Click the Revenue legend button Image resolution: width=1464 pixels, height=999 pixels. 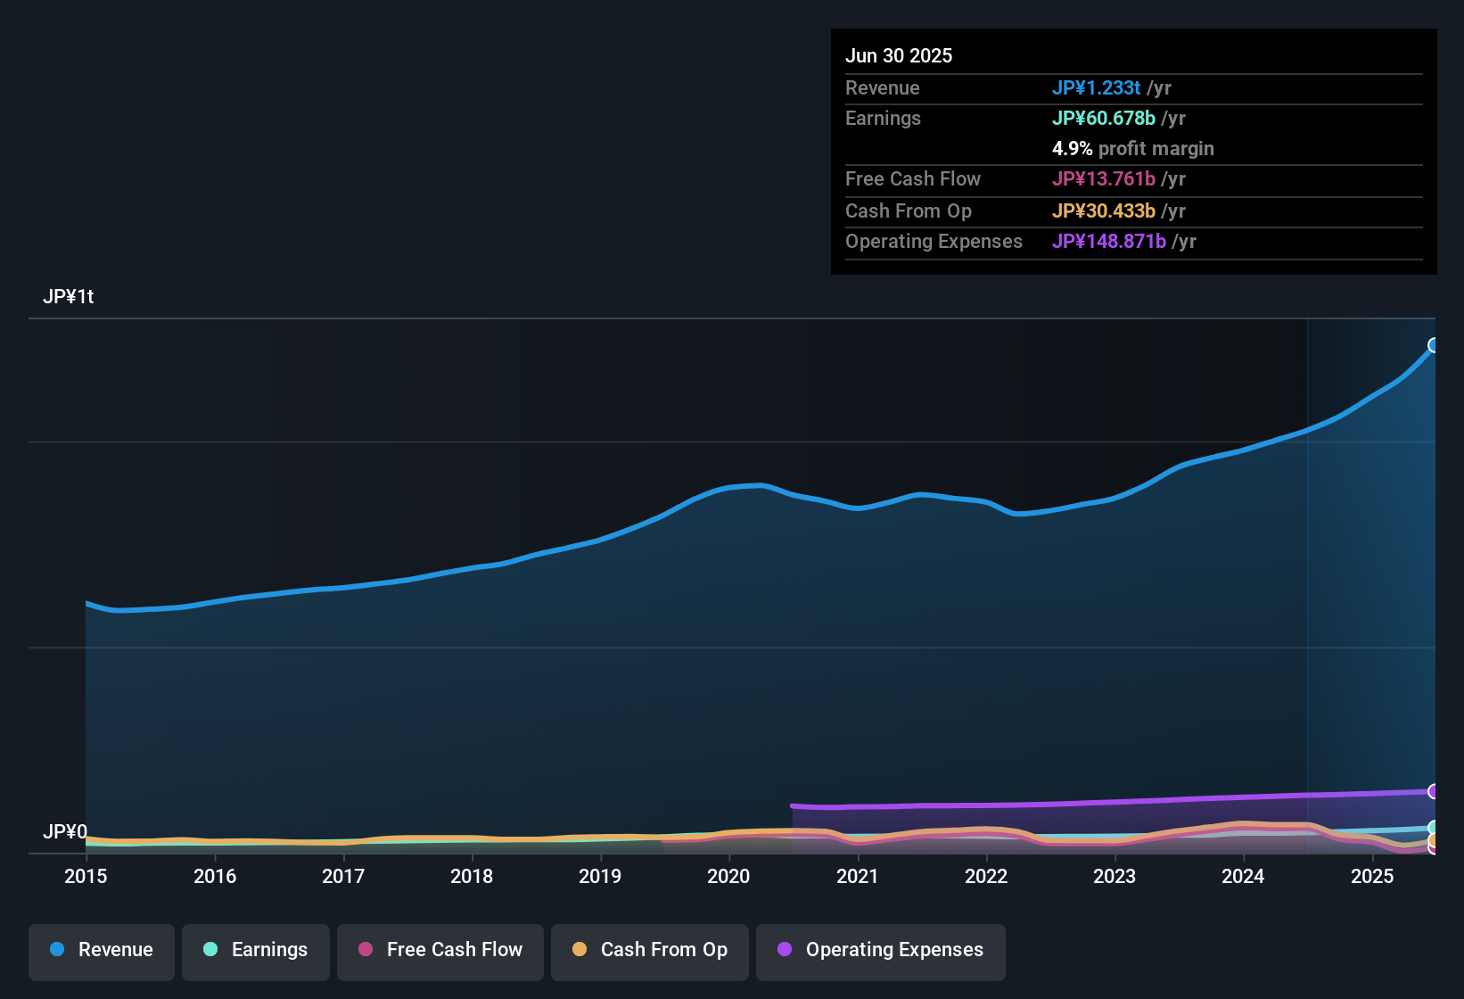coord(102,950)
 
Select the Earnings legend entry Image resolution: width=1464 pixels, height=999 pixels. coord(256,950)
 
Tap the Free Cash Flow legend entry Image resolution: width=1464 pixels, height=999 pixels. coord(440,950)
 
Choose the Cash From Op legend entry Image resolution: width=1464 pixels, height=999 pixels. coord(650,950)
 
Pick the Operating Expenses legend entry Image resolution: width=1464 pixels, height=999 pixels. coord(881,950)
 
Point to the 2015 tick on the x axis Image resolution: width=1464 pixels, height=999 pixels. coord(86,876)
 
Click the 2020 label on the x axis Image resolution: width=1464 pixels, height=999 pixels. coord(728,876)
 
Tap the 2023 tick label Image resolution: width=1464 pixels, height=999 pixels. coord(1114,876)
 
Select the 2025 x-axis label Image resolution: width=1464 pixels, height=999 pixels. coord(1371,876)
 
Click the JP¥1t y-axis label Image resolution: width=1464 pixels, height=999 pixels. coord(69,297)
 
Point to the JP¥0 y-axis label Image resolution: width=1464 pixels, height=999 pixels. coord(64,832)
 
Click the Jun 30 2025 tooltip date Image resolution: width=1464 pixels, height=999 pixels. coord(899,56)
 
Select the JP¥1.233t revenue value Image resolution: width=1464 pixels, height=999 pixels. coord(1096,88)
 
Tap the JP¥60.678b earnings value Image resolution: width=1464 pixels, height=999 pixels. coord(1103,119)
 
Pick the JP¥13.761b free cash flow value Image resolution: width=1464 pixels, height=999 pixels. coord(1103,179)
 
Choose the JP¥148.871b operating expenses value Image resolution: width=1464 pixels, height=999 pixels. coord(1108,242)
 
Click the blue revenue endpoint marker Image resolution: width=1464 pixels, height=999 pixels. coord(1434,345)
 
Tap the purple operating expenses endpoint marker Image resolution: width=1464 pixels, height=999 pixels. coord(1434,791)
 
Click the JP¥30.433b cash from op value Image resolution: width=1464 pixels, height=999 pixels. coord(1103,211)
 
